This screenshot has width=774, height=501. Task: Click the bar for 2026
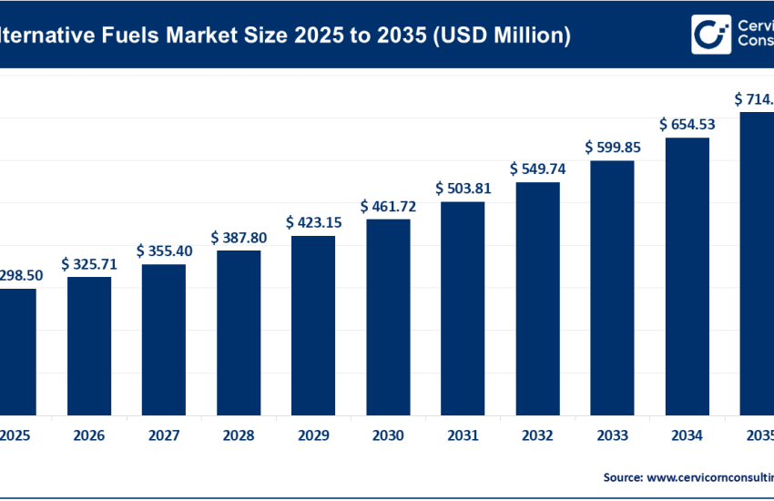pos(89,345)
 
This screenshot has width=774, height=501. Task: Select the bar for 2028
pos(239,332)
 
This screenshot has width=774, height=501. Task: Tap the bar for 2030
pos(388,316)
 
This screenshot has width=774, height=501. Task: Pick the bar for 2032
pos(537,298)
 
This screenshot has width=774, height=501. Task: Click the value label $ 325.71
pos(89,264)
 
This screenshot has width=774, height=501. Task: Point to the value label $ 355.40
pos(164,250)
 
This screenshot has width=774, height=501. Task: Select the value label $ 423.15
pos(313,222)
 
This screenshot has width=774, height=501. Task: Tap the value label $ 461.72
pos(388,207)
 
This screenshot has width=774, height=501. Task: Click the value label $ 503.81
pos(463,189)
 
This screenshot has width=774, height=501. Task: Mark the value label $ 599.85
pos(612,147)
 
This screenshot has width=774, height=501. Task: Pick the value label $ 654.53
pos(687,124)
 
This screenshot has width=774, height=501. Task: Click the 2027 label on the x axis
pos(164,436)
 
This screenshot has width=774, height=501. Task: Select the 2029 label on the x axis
pos(313,436)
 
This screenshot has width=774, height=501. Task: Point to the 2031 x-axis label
pos(463,436)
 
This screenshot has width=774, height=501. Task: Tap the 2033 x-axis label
pos(612,436)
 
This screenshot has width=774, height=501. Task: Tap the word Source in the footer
pos(622,476)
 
